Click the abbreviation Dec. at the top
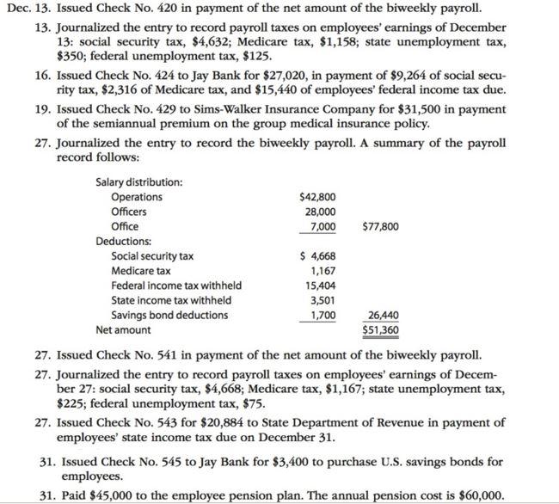[x=17, y=9]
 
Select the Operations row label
[x=137, y=197]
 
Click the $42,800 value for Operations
[x=317, y=197]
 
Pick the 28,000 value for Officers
[x=320, y=212]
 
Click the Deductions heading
[x=123, y=242]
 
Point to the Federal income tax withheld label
[x=176, y=286]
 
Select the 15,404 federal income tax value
[x=320, y=286]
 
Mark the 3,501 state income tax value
[x=322, y=300]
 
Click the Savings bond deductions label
[x=169, y=315]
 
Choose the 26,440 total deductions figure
[x=382, y=315]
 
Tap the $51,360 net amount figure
[x=379, y=329]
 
